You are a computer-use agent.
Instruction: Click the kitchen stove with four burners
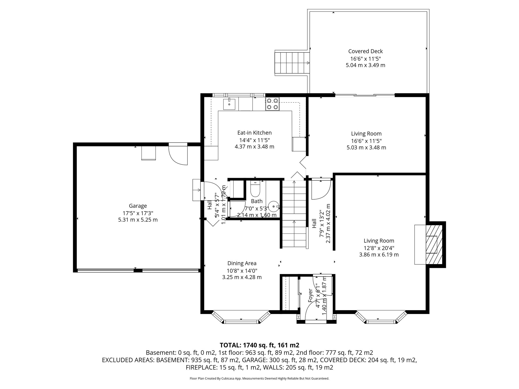272,104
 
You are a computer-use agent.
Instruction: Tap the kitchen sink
229,104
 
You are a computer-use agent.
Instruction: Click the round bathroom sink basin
274,206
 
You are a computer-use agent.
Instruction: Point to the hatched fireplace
434,244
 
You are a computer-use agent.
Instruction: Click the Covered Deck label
365,51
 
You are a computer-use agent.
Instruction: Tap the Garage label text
138,206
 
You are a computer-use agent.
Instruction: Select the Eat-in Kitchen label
254,133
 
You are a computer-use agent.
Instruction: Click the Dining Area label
242,263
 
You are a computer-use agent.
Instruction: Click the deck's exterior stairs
292,63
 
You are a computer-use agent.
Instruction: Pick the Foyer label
310,295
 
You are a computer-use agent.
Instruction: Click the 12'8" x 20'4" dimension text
379,248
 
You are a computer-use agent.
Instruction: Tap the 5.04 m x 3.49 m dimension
365,65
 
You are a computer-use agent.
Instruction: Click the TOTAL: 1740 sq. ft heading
259,345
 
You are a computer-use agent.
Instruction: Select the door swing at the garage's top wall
178,155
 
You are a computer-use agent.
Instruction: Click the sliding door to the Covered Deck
365,95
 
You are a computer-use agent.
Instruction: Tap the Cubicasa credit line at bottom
259,379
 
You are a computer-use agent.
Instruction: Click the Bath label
257,201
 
